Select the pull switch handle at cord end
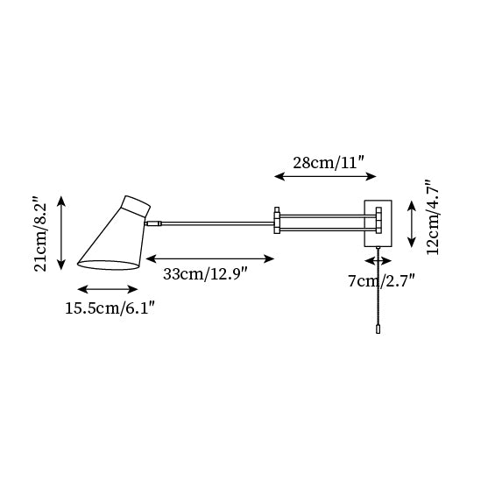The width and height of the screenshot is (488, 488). pyautogui.click(x=378, y=332)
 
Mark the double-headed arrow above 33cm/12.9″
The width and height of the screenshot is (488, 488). pyautogui.click(x=209, y=258)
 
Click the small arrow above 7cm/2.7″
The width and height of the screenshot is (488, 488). pyautogui.click(x=378, y=260)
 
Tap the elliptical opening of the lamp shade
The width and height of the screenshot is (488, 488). pyautogui.click(x=109, y=265)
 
